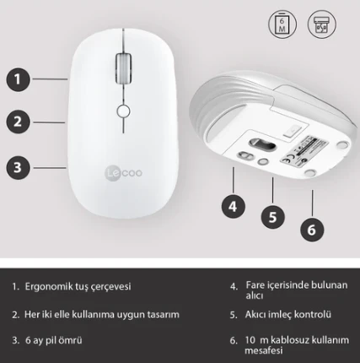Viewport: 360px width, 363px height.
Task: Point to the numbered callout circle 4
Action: coord(234,204)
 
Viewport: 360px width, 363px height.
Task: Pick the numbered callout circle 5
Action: coord(272,216)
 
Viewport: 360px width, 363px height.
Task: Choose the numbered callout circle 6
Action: coord(311,229)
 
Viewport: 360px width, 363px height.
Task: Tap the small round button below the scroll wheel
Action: coord(124,111)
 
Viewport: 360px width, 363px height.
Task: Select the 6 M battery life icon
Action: coord(282,23)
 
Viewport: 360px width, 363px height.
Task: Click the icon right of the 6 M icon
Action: coord(320,23)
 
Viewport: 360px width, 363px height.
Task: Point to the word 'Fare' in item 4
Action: coord(255,286)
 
